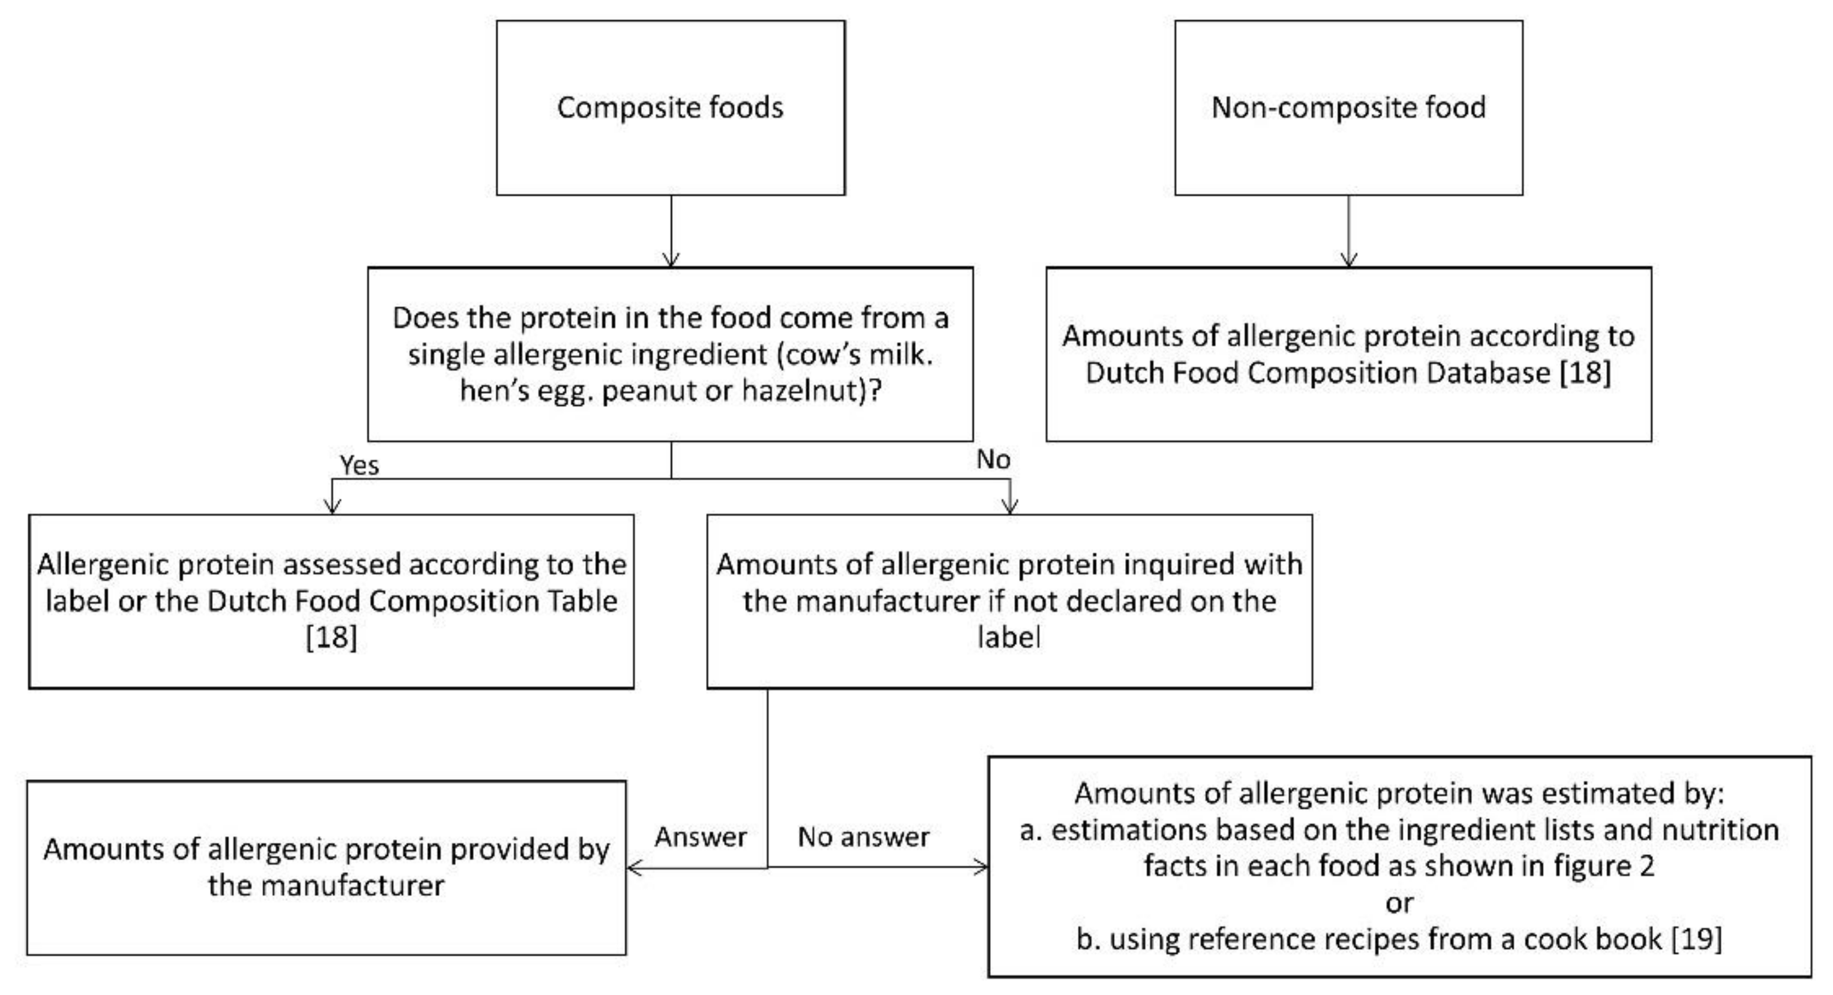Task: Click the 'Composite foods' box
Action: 671,107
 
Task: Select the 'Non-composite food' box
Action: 1348,107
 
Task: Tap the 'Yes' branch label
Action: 359,465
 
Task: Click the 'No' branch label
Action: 993,460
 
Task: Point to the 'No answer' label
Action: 863,837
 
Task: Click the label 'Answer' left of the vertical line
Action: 700,837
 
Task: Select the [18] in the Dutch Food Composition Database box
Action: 1585,373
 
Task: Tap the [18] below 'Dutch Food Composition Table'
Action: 331,637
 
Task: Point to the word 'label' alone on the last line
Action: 1009,637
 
